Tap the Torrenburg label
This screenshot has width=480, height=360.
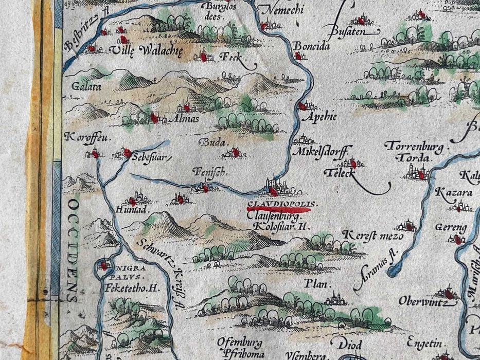414,147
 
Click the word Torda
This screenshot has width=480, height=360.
412,157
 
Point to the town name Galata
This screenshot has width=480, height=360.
86,86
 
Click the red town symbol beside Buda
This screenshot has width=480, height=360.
235,152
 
